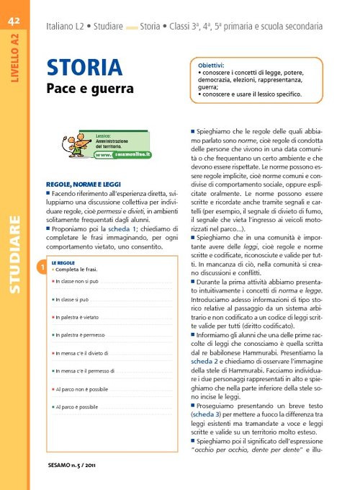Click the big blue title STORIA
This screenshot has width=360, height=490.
point(84,68)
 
